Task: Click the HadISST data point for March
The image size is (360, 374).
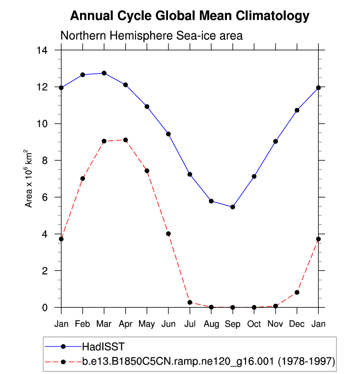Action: (104, 73)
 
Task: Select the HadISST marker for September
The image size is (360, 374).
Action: (233, 207)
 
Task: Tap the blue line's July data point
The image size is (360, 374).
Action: (190, 174)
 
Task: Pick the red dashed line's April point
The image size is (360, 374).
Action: (126, 140)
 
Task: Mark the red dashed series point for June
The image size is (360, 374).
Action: (168, 234)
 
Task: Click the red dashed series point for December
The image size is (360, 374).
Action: (297, 293)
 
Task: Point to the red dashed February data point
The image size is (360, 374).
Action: (83, 179)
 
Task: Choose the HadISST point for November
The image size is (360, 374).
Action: (276, 141)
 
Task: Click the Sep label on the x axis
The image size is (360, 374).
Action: (233, 324)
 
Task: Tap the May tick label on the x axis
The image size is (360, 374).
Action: (147, 324)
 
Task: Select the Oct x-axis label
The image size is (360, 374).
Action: (254, 324)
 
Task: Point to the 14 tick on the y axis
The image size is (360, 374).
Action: (48, 50)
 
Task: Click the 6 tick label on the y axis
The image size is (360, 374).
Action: (51, 197)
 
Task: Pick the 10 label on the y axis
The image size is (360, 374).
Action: (48, 124)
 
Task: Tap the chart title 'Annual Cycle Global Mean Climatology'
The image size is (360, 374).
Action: (190, 16)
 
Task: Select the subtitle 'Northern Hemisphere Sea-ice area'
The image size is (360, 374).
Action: (151, 36)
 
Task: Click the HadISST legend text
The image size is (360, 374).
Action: (100, 347)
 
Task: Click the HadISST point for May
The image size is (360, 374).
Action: (147, 107)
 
